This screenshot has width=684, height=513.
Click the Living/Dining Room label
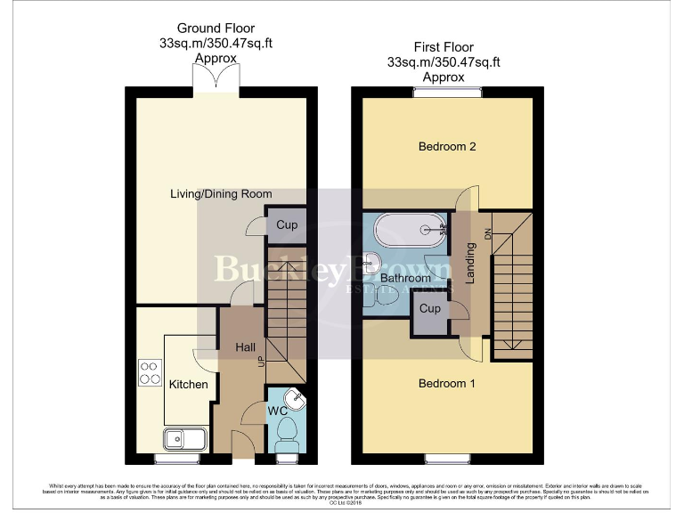[x=222, y=193]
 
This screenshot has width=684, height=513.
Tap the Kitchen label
[x=188, y=385]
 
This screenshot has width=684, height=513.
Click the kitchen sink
[x=185, y=438]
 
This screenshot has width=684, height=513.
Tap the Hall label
[x=246, y=346]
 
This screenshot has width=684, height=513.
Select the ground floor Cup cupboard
[x=286, y=225]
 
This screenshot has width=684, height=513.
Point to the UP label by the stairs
[x=261, y=361]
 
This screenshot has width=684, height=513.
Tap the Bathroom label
[x=405, y=278]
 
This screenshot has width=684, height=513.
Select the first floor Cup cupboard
[x=429, y=309]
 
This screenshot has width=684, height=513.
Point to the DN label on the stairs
[x=487, y=233]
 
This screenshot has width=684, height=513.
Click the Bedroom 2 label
[x=447, y=146]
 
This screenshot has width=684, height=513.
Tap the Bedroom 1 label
[x=447, y=384]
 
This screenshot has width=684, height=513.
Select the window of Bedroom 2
[x=440, y=91]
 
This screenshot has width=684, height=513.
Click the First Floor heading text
[x=443, y=47]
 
